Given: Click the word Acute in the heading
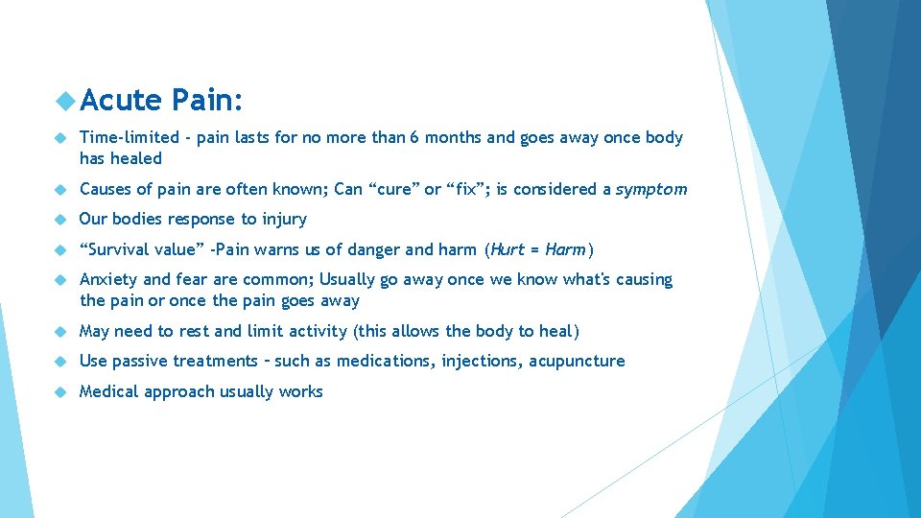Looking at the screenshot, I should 121,100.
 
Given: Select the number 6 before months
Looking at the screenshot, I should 413,137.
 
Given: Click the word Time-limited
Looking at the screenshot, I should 129,137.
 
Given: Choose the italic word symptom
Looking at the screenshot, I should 650,190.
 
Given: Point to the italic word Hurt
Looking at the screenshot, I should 508,250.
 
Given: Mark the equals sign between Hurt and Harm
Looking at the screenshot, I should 533,250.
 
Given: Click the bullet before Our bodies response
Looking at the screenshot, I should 59,220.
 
